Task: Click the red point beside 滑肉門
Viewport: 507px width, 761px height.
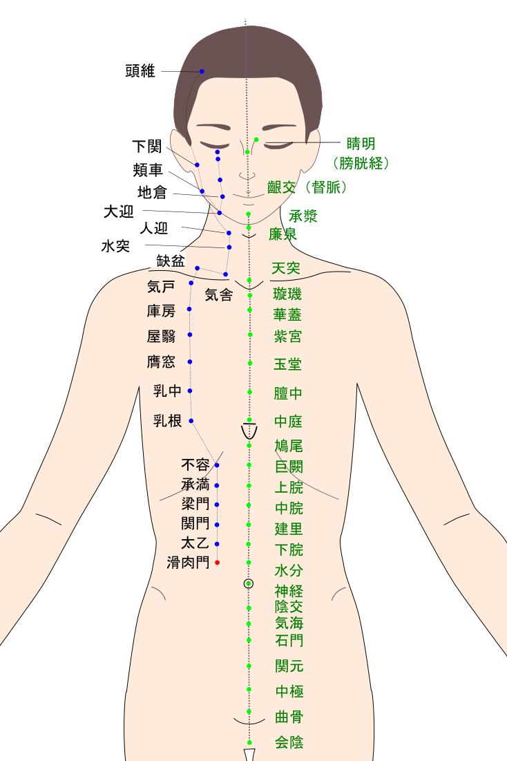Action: (217, 563)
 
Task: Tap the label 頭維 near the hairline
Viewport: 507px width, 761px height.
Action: (140, 71)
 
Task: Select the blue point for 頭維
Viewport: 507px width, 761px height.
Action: (202, 72)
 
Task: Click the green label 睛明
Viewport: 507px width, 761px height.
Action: (361, 144)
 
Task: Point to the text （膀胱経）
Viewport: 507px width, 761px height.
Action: (362, 164)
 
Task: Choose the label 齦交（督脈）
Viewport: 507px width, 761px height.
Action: (307, 187)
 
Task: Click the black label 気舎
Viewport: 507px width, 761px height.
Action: (219, 295)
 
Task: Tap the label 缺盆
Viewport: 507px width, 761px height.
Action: (171, 261)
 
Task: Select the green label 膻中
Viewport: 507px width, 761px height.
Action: (288, 394)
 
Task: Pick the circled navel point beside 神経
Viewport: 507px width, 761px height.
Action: (249, 583)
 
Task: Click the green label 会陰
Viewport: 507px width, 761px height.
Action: (289, 742)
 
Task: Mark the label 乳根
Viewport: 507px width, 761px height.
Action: (167, 420)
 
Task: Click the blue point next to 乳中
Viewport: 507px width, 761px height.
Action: (190, 391)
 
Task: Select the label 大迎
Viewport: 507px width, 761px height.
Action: (118, 212)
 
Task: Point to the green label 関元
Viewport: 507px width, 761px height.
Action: (289, 666)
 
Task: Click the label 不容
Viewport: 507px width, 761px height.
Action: (195, 464)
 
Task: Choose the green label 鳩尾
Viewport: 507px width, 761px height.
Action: (288, 444)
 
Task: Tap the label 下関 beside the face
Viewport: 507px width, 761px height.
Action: (146, 147)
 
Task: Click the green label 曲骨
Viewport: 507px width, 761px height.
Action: (289, 716)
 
